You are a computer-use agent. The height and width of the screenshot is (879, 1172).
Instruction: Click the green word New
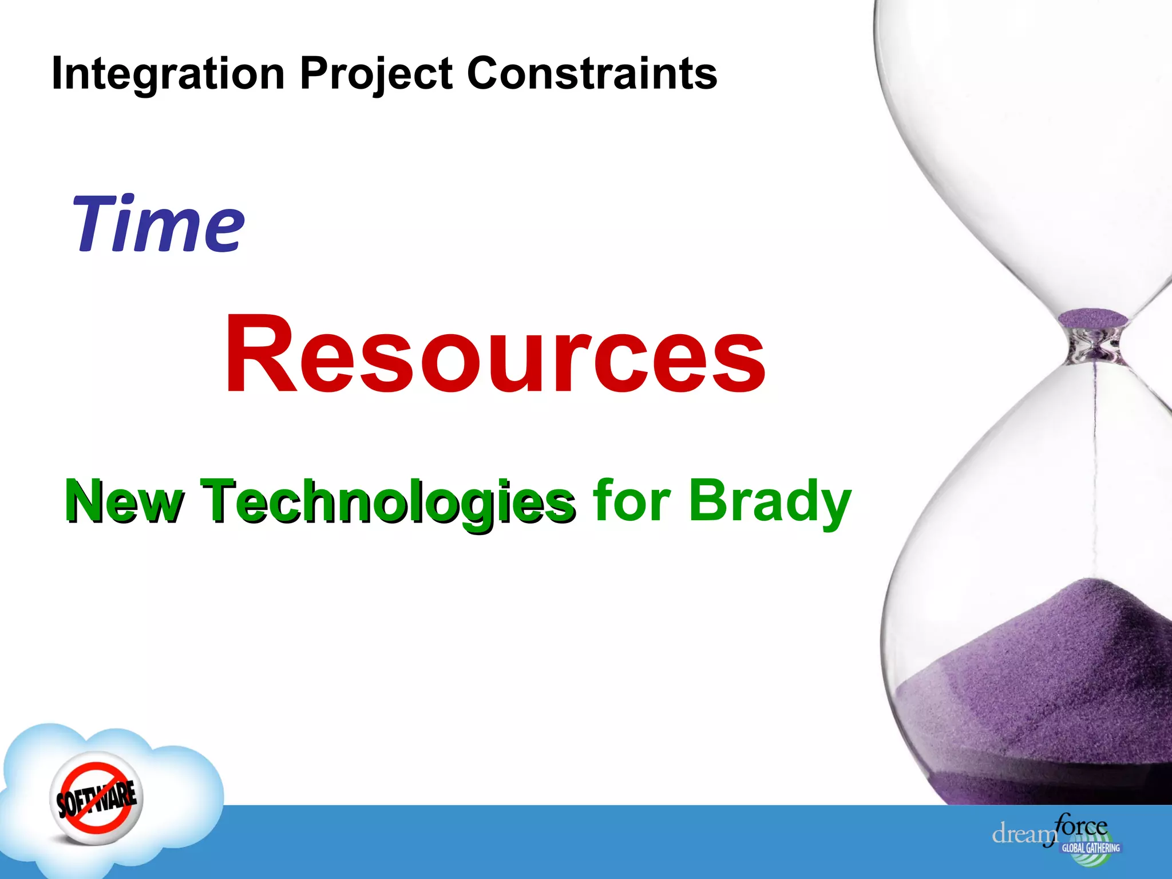point(124,501)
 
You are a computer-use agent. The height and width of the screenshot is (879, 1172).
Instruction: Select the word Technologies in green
point(389,501)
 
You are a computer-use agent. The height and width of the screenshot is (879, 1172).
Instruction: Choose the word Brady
point(770,501)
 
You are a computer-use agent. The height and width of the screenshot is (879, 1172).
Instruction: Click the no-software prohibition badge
point(96,798)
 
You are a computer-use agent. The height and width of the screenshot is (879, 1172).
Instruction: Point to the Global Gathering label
point(1091,848)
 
